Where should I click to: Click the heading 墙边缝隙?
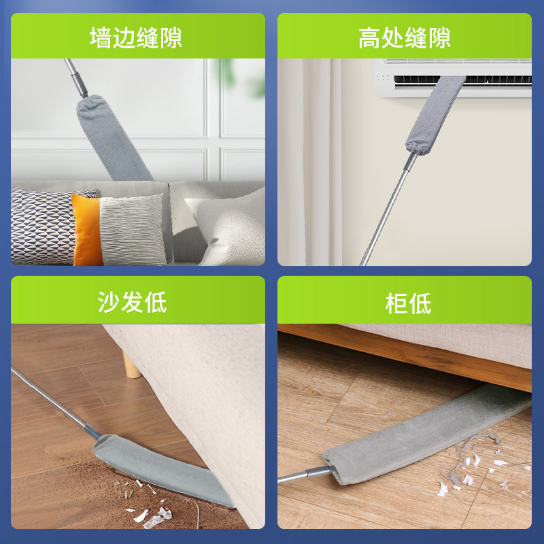(135, 37)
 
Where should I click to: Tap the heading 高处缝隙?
(405, 37)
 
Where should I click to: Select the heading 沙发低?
(132, 302)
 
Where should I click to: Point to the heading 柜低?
(408, 303)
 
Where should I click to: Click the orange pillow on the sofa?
(86, 231)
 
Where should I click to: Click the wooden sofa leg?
(131, 364)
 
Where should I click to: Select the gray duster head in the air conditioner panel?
(435, 115)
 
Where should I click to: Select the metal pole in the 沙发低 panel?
(56, 403)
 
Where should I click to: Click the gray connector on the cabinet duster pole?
(318, 471)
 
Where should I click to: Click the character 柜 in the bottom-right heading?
(396, 303)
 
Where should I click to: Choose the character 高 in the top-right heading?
(369, 37)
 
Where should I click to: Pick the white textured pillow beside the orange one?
(133, 230)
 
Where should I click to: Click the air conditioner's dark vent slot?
(462, 80)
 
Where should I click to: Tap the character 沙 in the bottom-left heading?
(109, 302)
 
